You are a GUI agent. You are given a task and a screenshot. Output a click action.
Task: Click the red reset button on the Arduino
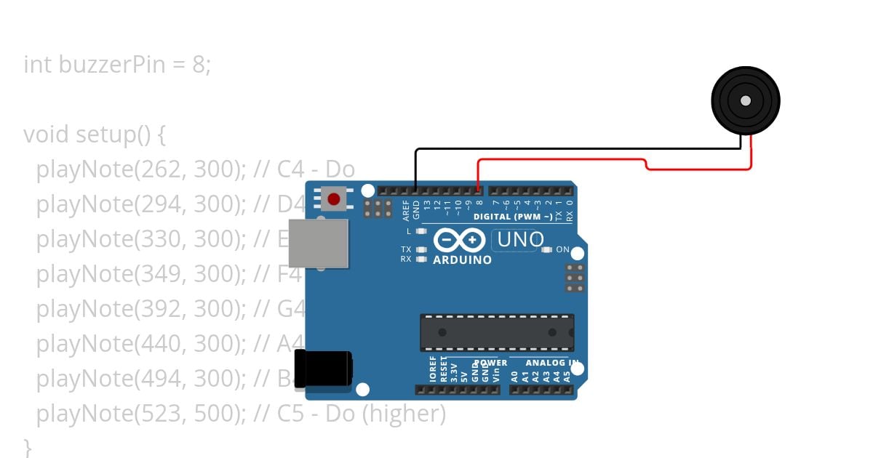click(334, 198)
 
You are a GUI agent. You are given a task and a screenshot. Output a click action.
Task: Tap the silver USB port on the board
click(318, 243)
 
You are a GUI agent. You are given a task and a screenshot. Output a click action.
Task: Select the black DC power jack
click(322, 368)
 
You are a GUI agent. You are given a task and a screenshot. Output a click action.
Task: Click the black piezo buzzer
click(745, 101)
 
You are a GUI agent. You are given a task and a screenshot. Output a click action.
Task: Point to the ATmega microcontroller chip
click(497, 332)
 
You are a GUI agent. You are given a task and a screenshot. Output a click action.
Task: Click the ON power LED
click(547, 249)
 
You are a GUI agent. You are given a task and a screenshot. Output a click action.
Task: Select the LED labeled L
click(421, 231)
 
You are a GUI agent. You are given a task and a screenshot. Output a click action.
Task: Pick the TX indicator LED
click(421, 249)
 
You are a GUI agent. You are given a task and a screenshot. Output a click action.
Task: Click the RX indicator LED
click(421, 259)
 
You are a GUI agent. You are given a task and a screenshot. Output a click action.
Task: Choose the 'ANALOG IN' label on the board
click(552, 363)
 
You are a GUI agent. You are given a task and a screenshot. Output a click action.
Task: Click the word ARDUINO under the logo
click(462, 260)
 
